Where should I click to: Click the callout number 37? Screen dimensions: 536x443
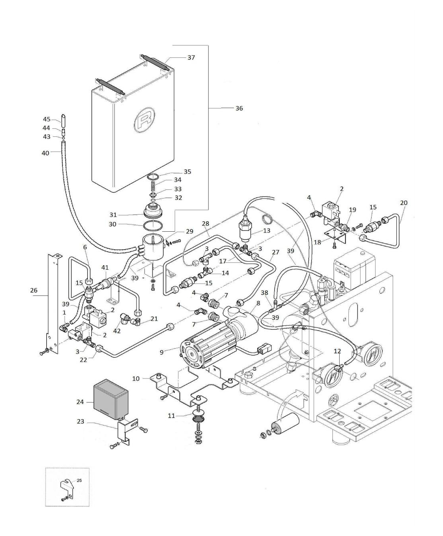pyautogui.click(x=191, y=57)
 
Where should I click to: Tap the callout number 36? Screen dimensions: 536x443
pyautogui.click(x=239, y=108)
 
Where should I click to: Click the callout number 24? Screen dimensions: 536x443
pyautogui.click(x=80, y=402)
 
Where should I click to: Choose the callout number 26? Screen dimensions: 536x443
pyautogui.click(x=34, y=290)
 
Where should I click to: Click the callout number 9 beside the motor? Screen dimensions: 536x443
pyautogui.click(x=161, y=352)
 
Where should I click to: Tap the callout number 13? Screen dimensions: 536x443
pyautogui.click(x=267, y=231)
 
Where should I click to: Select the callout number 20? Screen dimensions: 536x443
pyautogui.click(x=403, y=203)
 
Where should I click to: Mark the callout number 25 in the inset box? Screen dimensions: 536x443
pyautogui.click(x=79, y=481)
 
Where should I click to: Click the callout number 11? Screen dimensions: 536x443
pyautogui.click(x=171, y=416)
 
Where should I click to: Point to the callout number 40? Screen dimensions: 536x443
pyautogui.click(x=45, y=153)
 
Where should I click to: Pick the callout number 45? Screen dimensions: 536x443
pyautogui.click(x=47, y=119)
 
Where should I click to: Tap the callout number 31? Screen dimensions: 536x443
pyautogui.click(x=113, y=215)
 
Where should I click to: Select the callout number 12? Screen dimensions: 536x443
pyautogui.click(x=337, y=351)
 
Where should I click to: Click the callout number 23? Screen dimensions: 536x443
pyautogui.click(x=81, y=421)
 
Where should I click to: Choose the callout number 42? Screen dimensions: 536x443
pyautogui.click(x=117, y=331)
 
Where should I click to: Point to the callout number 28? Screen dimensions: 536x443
pyautogui.click(x=206, y=224)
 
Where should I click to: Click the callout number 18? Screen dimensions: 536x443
pyautogui.click(x=318, y=242)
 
